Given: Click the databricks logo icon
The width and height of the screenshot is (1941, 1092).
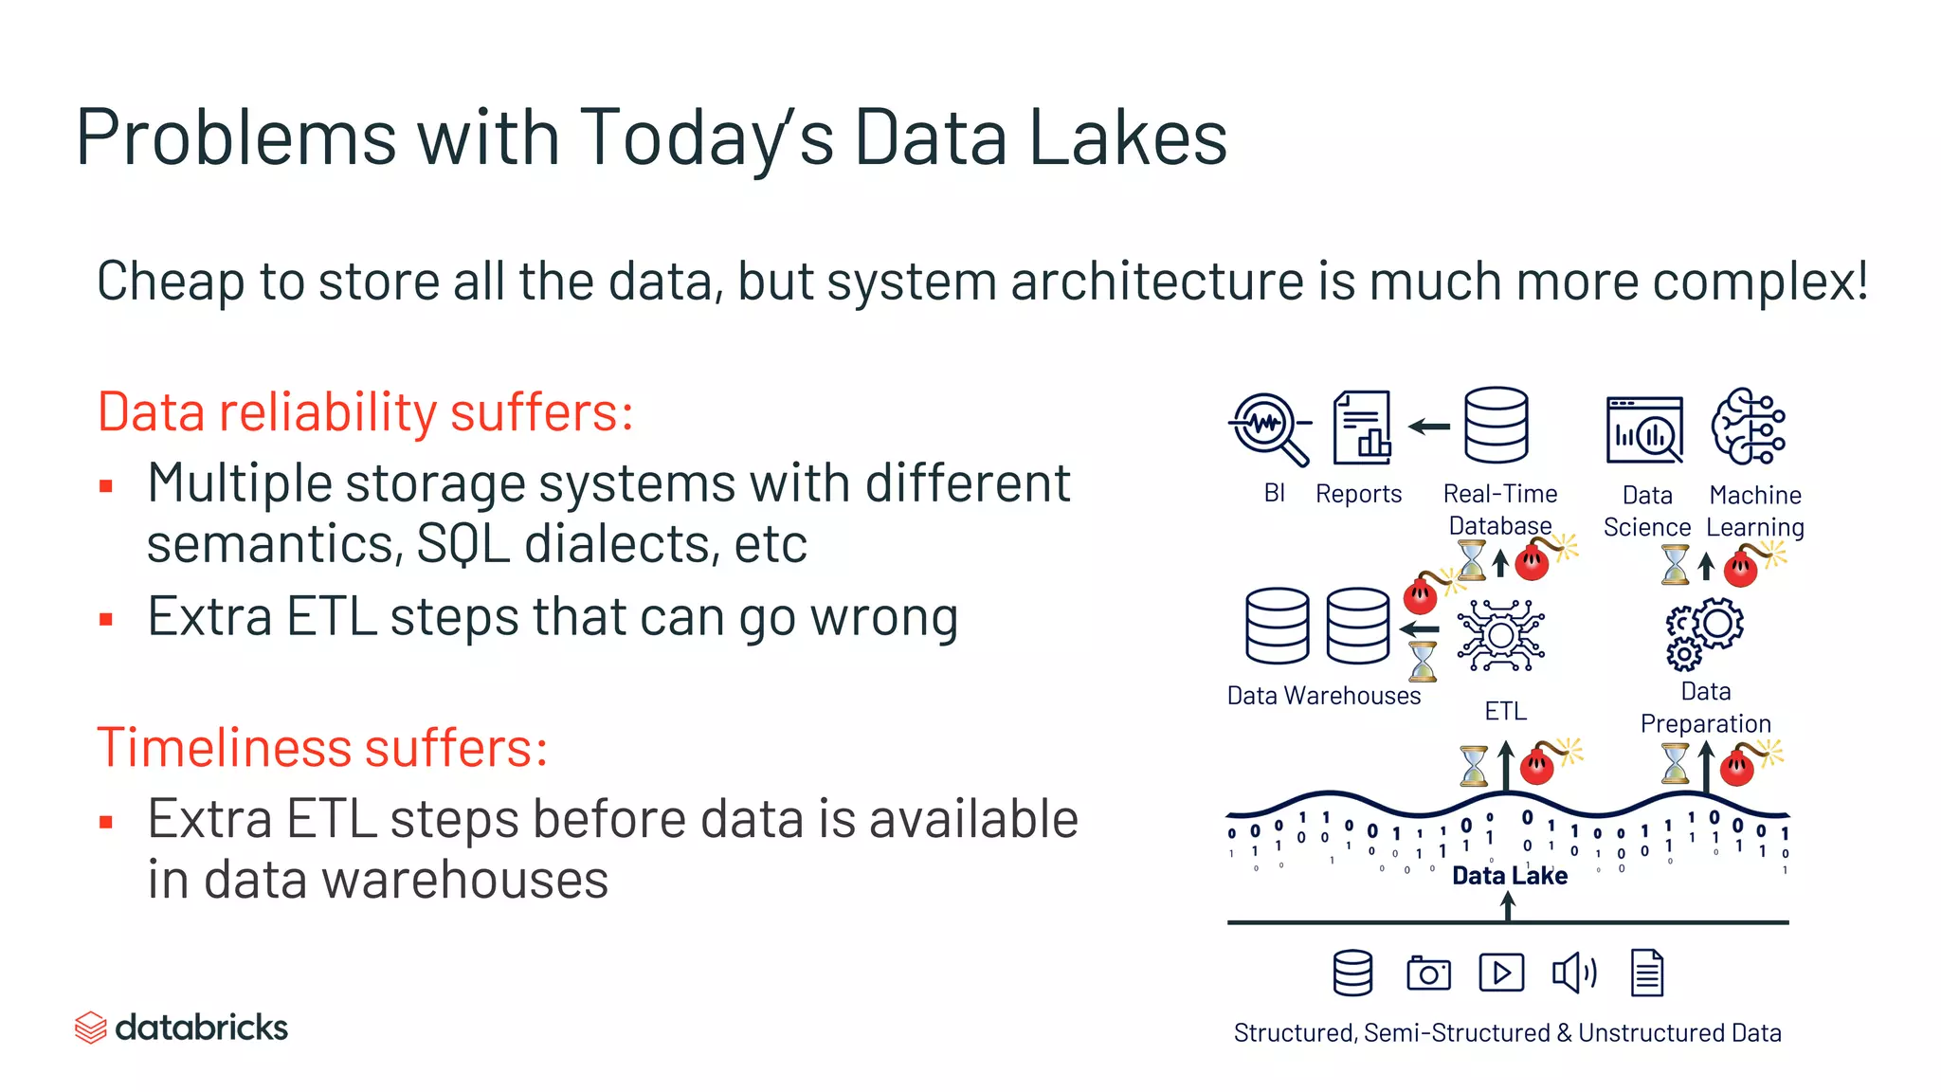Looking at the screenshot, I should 90,1028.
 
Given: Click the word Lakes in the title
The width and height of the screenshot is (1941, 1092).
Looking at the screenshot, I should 1127,138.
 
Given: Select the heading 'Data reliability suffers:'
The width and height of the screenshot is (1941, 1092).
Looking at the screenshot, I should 365,412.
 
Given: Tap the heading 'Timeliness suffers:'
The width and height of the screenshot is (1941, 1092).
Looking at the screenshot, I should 322,748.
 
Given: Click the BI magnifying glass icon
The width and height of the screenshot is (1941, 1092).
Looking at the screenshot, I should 1269,428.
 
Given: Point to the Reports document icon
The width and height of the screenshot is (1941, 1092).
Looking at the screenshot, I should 1361,428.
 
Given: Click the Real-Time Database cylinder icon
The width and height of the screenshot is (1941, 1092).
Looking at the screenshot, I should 1496,425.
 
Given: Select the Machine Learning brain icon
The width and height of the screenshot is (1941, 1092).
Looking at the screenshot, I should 1749,427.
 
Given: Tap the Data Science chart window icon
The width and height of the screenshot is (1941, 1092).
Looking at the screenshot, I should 1644,429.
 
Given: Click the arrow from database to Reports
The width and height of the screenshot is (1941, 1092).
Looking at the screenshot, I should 1429,427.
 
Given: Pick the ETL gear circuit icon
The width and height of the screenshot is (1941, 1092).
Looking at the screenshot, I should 1501,635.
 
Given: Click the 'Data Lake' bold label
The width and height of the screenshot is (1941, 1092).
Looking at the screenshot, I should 1509,876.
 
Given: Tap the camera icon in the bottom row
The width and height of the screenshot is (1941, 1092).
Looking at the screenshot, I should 1428,974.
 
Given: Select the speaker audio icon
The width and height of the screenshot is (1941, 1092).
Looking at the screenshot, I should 1573,974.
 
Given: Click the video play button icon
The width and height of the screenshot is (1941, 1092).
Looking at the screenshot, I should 1501,974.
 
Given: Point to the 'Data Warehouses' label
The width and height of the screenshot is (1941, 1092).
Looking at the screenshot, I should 1323,696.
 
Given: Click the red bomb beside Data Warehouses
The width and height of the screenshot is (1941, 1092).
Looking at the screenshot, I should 1421,595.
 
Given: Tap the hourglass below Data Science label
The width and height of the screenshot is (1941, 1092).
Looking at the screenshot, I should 1675,565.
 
